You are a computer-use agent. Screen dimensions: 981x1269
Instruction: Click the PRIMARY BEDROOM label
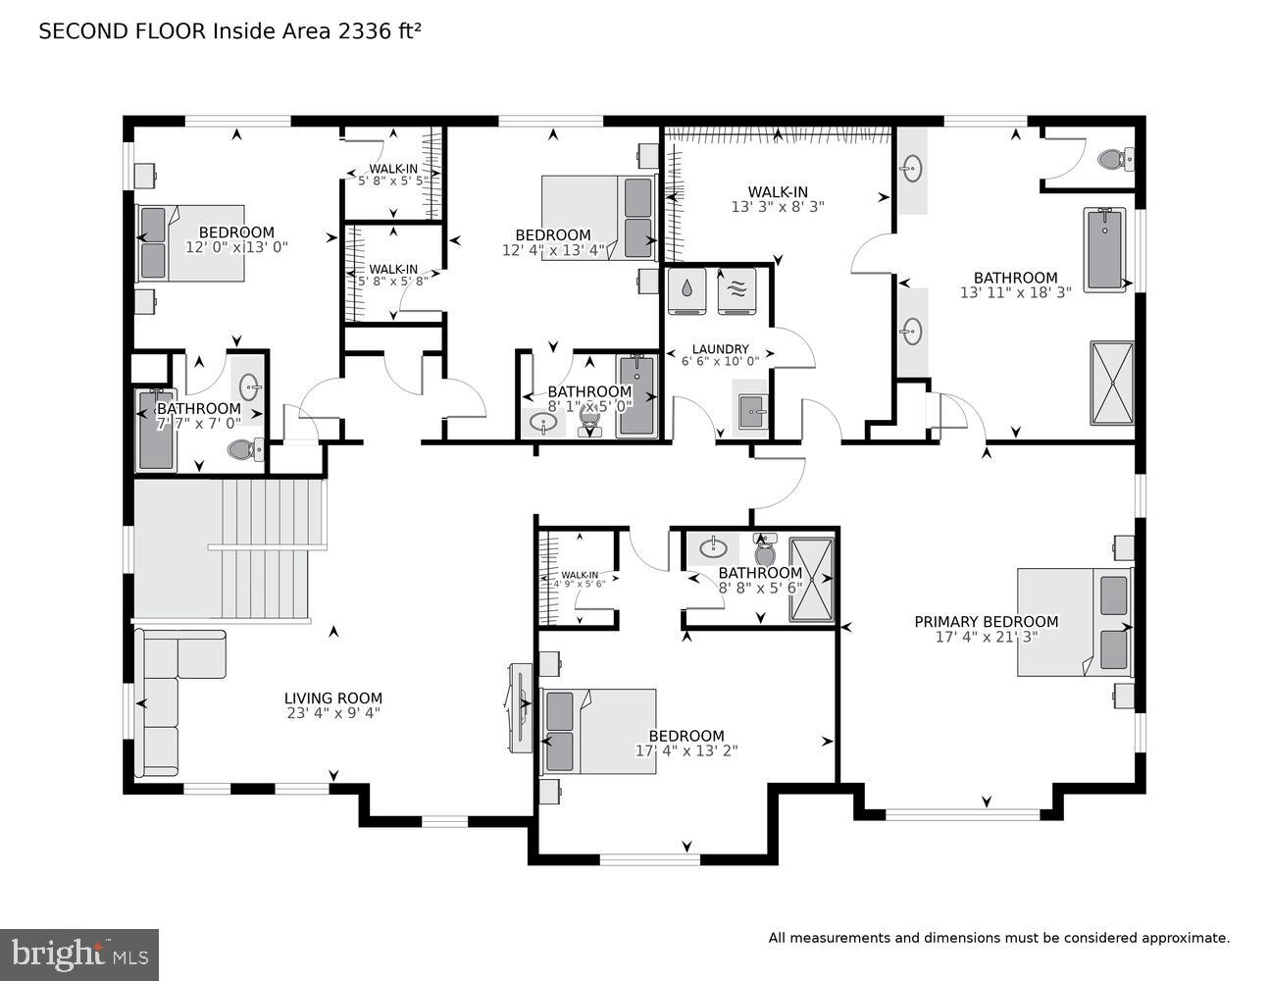coord(986,621)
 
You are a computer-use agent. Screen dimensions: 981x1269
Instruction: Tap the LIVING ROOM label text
coord(332,698)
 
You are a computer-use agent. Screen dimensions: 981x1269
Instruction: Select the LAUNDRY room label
coord(720,349)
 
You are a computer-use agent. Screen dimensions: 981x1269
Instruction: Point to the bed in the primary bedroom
coord(1074,622)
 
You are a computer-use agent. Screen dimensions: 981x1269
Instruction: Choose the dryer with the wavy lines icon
coord(736,290)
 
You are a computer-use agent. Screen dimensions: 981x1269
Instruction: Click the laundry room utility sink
coord(752,411)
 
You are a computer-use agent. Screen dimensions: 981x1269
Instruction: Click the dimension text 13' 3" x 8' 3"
coord(777,207)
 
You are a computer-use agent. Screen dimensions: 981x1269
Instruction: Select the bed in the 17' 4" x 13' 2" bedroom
coord(598,731)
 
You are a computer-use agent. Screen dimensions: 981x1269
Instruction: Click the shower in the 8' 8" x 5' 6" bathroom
coord(811,580)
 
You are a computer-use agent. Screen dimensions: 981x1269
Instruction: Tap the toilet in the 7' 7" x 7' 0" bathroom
coord(243,450)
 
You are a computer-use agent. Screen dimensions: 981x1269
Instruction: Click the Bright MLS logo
coord(79,953)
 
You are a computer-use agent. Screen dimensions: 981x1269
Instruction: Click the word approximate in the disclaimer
coord(1185,938)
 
